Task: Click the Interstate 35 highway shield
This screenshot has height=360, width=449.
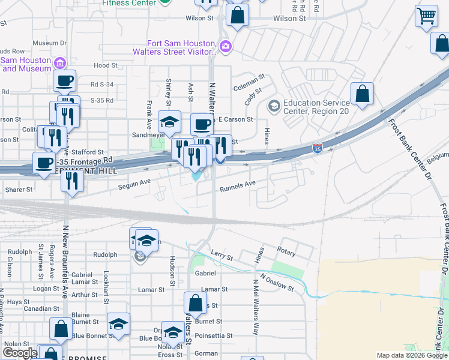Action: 317,147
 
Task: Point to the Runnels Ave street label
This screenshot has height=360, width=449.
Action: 238,187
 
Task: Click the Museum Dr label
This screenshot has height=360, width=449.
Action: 49,43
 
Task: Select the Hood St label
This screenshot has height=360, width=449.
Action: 105,65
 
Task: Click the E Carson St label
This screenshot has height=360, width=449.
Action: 235,119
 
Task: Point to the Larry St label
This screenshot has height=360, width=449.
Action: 221,256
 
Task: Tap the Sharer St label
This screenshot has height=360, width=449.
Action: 20,190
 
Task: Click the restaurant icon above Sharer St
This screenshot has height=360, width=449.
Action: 71,181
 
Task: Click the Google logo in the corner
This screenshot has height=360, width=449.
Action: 20,353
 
